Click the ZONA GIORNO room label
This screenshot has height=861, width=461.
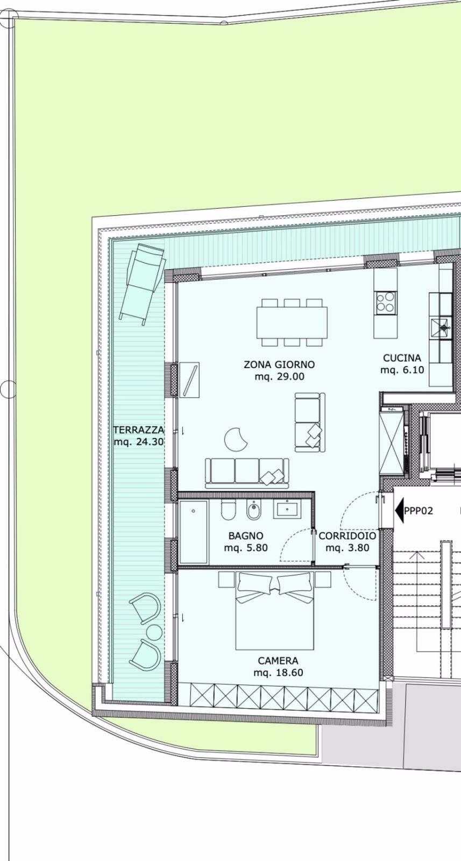tap(279, 364)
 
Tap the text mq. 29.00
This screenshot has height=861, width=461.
tap(279, 377)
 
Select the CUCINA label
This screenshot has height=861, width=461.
tap(402, 358)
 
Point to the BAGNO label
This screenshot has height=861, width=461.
tap(246, 536)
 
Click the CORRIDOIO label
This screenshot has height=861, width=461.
tap(347, 536)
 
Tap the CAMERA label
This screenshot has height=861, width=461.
tap(278, 661)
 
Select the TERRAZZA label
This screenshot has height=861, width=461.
tap(138, 430)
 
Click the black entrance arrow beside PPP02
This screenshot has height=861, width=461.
tap(399, 510)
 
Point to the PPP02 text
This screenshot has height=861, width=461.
tap(419, 511)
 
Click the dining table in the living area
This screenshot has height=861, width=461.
tap(292, 322)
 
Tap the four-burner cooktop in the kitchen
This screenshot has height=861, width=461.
tap(386, 302)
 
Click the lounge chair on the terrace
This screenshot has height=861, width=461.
tap(141, 283)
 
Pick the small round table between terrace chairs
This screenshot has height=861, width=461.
tap(154, 632)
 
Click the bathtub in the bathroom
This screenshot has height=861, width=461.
tap(193, 532)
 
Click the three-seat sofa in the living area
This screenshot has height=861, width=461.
tap(247, 471)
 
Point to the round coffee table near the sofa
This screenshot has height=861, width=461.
tap(236, 439)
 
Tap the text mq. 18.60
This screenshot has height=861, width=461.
tap(278, 673)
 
